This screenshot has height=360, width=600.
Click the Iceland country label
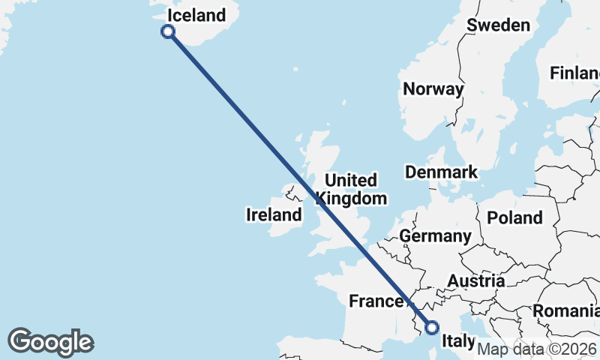(196, 16)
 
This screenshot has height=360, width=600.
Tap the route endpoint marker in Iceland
(168, 31)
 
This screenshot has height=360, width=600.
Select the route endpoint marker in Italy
(431, 327)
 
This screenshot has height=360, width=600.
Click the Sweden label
(498, 25)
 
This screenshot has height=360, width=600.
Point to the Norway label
(433, 88)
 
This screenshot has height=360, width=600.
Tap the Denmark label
(441, 172)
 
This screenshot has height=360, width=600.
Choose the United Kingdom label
(351, 189)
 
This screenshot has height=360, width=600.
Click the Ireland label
(274, 215)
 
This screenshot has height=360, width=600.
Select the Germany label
(435, 236)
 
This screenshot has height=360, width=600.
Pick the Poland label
(514, 217)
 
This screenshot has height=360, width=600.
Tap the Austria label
(475, 281)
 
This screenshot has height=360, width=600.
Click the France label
(376, 301)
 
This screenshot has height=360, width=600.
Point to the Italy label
(458, 341)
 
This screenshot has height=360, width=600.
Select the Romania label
(565, 310)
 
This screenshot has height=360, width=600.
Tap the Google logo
(50, 342)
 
